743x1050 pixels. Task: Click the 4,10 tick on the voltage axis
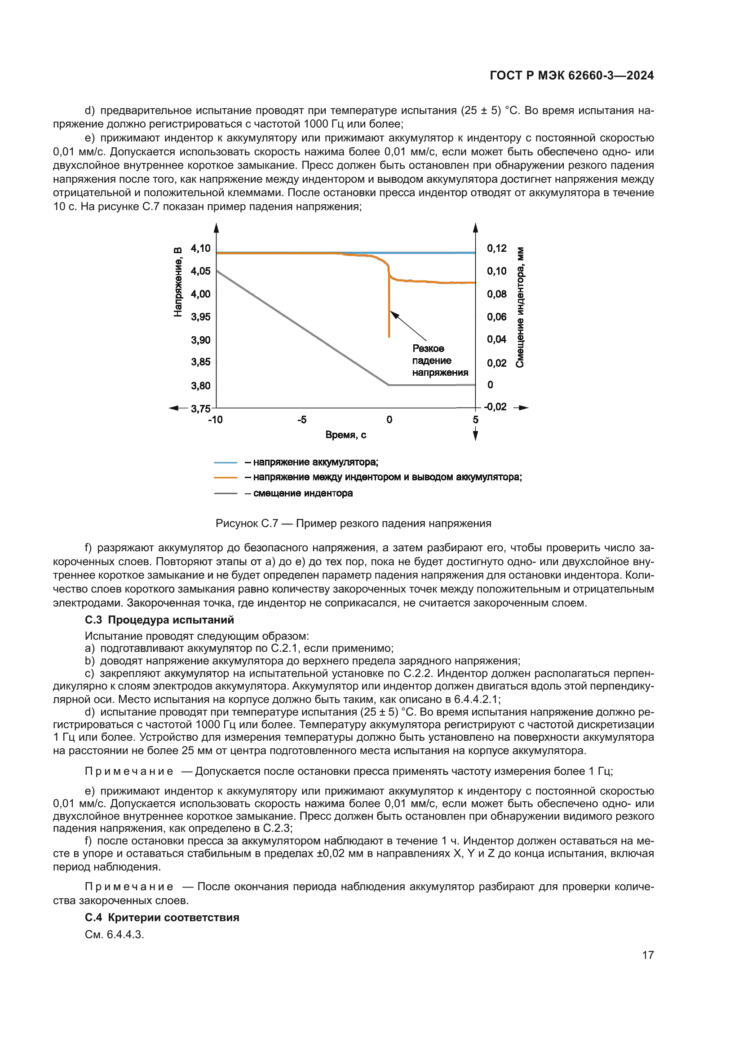(x=200, y=248)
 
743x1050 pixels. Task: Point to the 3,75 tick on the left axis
(x=200, y=408)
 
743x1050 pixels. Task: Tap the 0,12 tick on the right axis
(x=497, y=248)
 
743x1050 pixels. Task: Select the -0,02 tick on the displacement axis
(x=496, y=407)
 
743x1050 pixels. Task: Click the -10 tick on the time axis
(x=215, y=420)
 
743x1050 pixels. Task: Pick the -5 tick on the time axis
(x=302, y=420)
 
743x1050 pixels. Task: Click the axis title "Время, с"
(x=345, y=435)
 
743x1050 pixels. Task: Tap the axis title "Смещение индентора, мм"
(x=520, y=307)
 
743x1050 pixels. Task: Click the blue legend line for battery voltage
(x=225, y=463)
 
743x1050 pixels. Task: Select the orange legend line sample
(x=225, y=478)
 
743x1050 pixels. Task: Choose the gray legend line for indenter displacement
(x=225, y=493)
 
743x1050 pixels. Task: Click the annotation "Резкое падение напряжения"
(x=440, y=360)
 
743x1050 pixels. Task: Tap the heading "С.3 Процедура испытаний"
(x=159, y=619)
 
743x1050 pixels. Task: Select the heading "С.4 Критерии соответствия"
(x=162, y=918)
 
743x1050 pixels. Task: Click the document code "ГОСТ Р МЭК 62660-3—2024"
(x=571, y=75)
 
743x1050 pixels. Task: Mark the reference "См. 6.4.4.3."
(x=115, y=934)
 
